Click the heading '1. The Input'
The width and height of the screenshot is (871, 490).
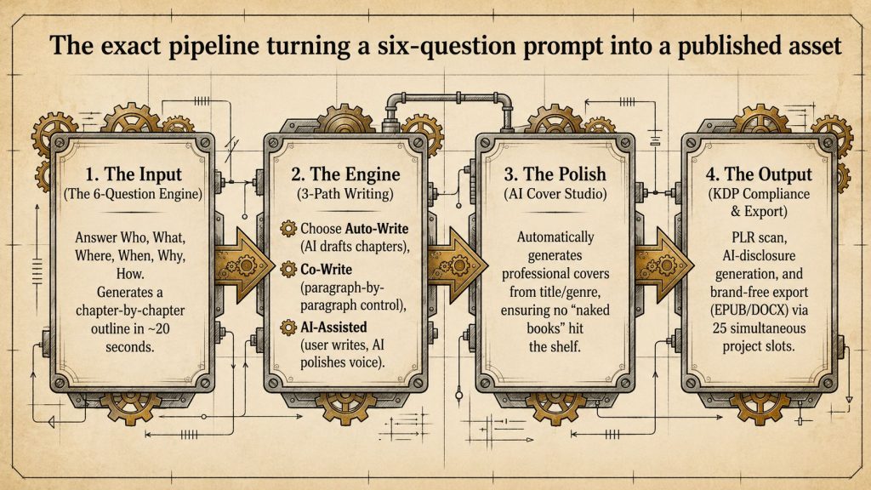point(134,174)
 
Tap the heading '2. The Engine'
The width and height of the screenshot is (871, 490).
point(345,174)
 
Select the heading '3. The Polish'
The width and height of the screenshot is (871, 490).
point(555,174)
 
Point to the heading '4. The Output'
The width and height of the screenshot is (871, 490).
point(759,174)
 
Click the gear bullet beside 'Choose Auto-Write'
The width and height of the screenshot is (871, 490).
point(288,228)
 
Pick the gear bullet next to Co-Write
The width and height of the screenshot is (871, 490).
point(288,270)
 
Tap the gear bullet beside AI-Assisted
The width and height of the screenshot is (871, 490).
point(288,328)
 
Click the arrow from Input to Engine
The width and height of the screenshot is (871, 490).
point(243,265)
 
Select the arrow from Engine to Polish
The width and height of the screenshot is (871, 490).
point(457,265)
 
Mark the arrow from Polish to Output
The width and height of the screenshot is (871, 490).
point(663,265)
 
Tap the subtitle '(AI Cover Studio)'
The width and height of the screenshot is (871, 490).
point(555,194)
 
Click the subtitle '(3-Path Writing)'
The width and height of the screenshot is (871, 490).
point(345,194)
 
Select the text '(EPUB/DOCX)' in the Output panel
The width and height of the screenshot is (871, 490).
point(759,310)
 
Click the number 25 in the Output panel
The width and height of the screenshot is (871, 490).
point(720,328)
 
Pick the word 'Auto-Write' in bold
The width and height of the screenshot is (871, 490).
point(377,228)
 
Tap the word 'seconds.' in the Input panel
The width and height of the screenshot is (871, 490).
point(130,347)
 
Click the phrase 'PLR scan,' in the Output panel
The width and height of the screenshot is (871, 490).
point(759,238)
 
